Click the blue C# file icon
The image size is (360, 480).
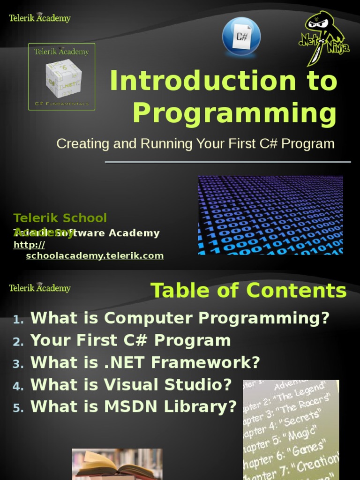pyautogui.click(x=241, y=36)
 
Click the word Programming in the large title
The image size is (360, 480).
pyautogui.click(x=234, y=113)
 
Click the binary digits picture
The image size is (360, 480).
pyautogui.click(x=270, y=215)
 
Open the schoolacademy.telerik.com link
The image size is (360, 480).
pyautogui.click(x=95, y=255)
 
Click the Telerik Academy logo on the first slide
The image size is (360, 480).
pyautogui.click(x=40, y=18)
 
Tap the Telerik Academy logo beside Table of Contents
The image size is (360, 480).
pyautogui.click(x=40, y=288)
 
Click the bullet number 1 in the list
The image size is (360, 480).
pyautogui.click(x=18, y=320)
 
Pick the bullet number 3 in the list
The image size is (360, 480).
pyautogui.click(x=18, y=364)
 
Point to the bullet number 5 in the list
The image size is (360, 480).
pyautogui.click(x=18, y=408)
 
